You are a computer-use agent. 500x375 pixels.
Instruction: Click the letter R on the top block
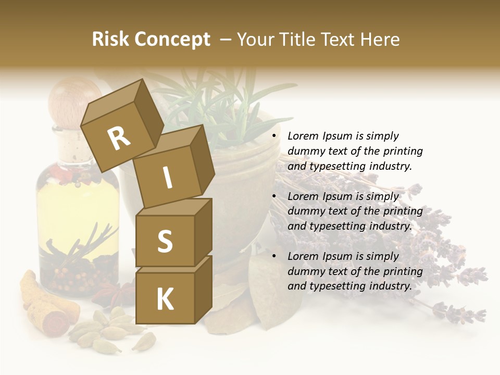click(119, 138)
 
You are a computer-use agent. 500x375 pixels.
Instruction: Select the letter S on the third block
click(165, 242)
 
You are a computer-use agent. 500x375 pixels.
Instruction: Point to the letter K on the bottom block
click(165, 299)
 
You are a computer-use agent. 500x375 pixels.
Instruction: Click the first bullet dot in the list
click(274, 136)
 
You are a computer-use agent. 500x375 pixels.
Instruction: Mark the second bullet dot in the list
click(274, 196)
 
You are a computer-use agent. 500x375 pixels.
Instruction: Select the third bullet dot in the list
click(274, 256)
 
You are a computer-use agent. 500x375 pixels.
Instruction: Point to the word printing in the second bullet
click(403, 211)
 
